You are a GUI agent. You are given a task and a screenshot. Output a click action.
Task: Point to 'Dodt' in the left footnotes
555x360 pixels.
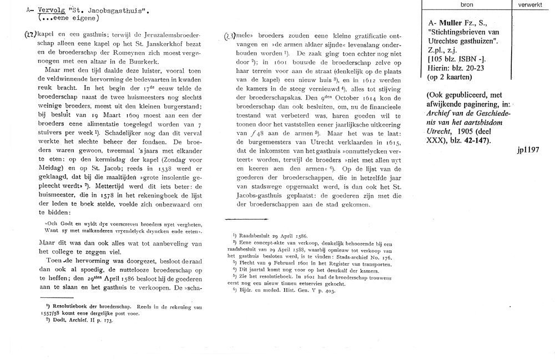[x=63, y=320]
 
